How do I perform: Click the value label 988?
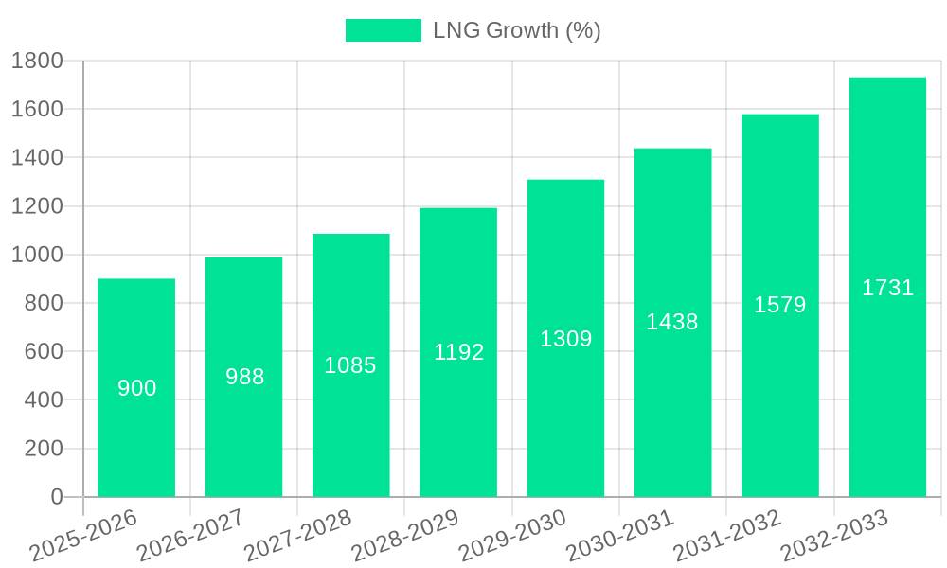pos(244,377)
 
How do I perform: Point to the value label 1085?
pos(350,365)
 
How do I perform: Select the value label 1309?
pos(565,339)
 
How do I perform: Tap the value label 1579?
pos(780,305)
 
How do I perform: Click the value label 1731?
pos(887,289)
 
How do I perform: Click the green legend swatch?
pos(383,30)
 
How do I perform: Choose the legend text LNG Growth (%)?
pos(517,30)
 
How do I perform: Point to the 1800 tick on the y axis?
pos(37,61)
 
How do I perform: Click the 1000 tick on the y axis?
pos(37,255)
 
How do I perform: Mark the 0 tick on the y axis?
pos(56,497)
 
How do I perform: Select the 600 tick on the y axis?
pos(44,351)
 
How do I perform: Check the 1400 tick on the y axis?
pos(37,157)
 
